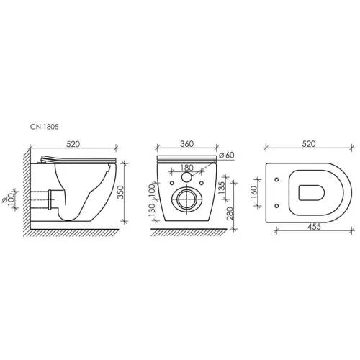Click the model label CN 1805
pyautogui.click(x=45, y=127)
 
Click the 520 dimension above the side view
pyautogui.click(x=73, y=144)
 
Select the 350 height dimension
pyautogui.click(x=121, y=192)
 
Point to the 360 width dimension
pyautogui.click(x=186, y=144)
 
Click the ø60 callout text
pyautogui.click(x=226, y=155)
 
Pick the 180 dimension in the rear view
pyautogui.click(x=186, y=168)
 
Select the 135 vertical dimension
pyautogui.click(x=221, y=188)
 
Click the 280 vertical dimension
pyautogui.click(x=230, y=213)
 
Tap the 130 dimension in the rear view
pyautogui.click(x=152, y=210)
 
